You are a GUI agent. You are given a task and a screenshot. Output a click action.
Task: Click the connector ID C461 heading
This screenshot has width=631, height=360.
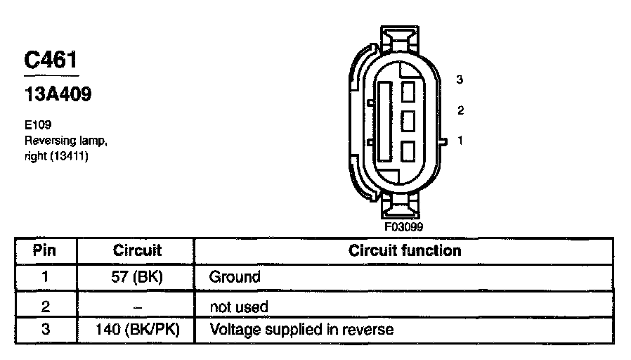(x=51, y=61)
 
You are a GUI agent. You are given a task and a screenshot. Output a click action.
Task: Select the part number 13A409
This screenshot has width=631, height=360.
(x=58, y=94)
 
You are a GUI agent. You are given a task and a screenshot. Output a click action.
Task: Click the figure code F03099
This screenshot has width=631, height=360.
(x=403, y=227)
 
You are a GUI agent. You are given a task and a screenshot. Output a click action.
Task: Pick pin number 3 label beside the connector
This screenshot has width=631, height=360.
(x=460, y=79)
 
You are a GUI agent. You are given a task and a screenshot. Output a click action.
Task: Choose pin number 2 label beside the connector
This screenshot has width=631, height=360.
(x=460, y=110)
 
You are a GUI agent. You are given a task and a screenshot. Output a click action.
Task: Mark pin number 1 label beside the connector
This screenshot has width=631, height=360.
(x=460, y=141)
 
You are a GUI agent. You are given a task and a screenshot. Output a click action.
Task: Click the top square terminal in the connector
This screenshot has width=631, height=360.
(x=408, y=91)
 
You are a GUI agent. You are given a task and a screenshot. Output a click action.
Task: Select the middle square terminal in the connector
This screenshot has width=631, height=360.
(x=408, y=121)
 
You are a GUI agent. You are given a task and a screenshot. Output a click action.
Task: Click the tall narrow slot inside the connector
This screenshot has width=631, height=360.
(x=384, y=120)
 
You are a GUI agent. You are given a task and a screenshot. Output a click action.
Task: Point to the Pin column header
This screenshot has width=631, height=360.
(x=45, y=250)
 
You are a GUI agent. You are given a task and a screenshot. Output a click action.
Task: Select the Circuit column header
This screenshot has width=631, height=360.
(x=137, y=250)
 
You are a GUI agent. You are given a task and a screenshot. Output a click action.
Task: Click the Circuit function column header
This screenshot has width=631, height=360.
(x=405, y=250)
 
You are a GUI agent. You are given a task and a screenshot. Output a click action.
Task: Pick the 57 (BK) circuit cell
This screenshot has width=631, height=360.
(x=137, y=277)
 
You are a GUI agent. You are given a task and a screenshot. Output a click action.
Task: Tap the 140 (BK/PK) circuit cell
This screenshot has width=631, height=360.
(x=137, y=329)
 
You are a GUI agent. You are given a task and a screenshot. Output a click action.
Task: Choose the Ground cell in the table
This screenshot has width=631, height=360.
(x=235, y=277)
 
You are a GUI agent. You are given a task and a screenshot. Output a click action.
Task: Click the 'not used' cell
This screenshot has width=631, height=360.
(x=239, y=307)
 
